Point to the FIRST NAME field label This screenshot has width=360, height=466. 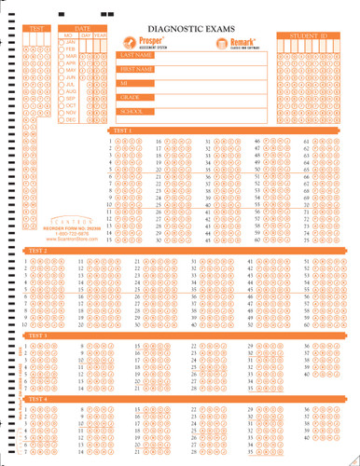pos(135,69)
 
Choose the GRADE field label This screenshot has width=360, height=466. pos(129,97)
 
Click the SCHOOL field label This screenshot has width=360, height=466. pos(131,111)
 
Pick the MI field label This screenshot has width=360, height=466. pos(123,83)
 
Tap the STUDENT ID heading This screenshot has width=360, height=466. pos(304,35)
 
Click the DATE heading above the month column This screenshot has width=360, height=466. pos(83,29)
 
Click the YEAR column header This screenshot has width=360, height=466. pos(100,35)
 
